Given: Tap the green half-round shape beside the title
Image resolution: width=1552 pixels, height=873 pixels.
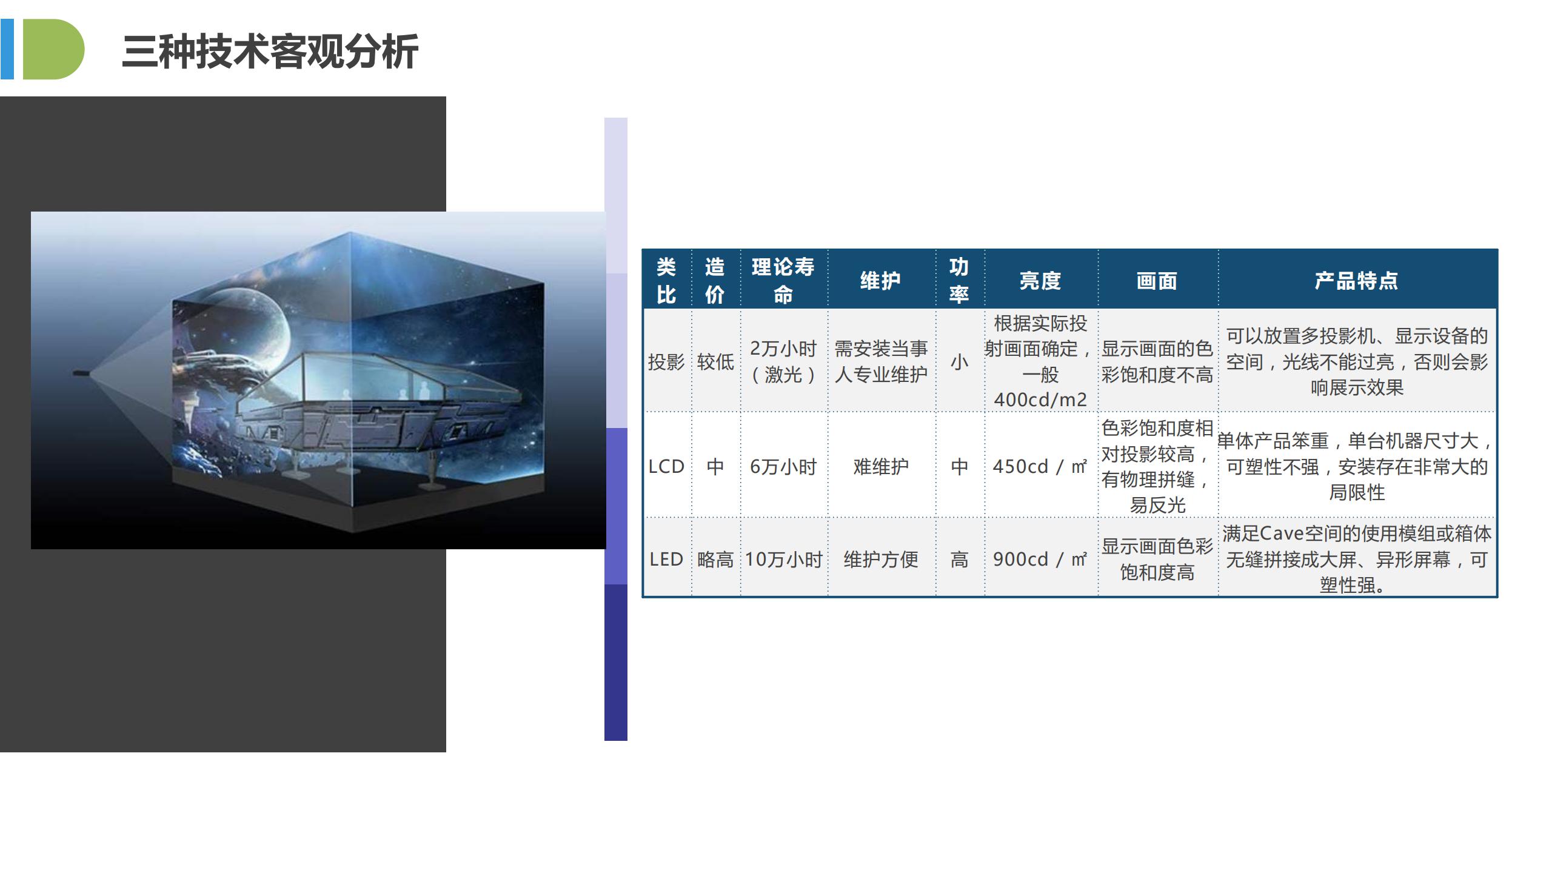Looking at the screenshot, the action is tap(53, 49).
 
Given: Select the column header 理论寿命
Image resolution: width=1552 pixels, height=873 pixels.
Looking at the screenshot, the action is tap(783, 280).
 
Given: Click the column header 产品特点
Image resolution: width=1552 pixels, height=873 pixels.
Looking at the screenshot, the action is tap(1356, 281).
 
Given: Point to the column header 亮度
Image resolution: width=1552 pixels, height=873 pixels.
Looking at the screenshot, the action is tap(1040, 281).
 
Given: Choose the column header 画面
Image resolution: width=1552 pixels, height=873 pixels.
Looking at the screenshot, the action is tap(1157, 281).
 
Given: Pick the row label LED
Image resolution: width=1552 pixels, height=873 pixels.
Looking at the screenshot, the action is tap(666, 559).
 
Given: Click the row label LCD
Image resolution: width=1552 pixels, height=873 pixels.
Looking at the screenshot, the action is tap(666, 466).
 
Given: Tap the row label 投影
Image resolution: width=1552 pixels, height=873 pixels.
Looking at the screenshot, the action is tap(666, 362).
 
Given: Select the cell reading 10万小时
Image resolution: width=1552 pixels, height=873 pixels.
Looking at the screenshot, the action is tap(783, 559).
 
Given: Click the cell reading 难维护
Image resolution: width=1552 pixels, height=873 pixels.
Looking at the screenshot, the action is tap(881, 466).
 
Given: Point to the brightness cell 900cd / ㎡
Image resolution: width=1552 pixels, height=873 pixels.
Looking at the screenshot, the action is tap(1040, 559).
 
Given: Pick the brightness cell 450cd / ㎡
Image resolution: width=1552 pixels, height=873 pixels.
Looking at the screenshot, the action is tap(1040, 466).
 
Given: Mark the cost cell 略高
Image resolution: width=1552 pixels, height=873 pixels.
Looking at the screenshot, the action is tap(715, 559).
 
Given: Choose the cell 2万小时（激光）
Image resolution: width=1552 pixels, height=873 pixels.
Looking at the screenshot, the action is tap(783, 361).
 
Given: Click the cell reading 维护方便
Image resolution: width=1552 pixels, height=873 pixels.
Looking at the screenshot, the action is tap(881, 559).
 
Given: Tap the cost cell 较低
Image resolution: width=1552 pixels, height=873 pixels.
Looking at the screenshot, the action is tap(715, 362).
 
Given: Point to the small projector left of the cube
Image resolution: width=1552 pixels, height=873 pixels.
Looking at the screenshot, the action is tap(81, 372).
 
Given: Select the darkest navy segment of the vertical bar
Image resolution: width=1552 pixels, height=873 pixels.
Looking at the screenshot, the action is tap(615, 662).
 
